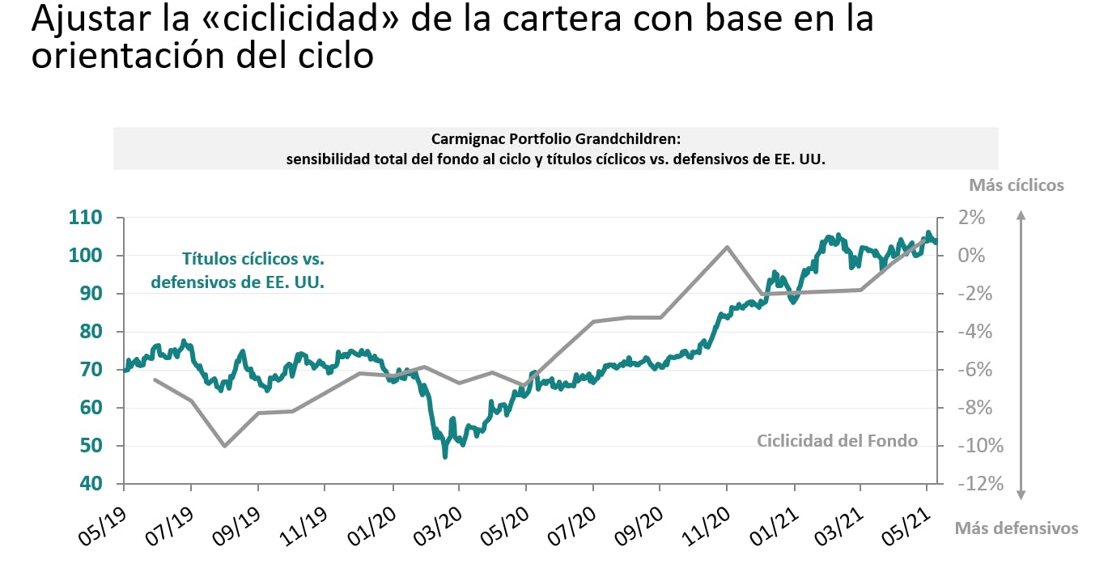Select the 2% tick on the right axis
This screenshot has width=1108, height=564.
pyautogui.click(x=971, y=218)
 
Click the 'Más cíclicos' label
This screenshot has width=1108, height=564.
pyautogui.click(x=1016, y=185)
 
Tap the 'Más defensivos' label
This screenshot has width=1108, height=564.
pyautogui.click(x=1017, y=528)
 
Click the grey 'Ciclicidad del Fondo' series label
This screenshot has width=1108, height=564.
pyautogui.click(x=837, y=441)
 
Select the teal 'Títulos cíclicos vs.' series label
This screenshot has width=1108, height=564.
pyautogui.click(x=253, y=260)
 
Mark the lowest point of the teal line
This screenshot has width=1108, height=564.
pyautogui.click(x=444, y=457)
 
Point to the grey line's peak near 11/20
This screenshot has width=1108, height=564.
pyautogui.click(x=727, y=247)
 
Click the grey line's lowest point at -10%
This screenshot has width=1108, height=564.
pyautogui.click(x=224, y=446)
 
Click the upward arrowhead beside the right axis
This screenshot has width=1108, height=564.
pyautogui.click(x=1021, y=216)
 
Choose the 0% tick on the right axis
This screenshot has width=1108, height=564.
pyautogui.click(x=971, y=256)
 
